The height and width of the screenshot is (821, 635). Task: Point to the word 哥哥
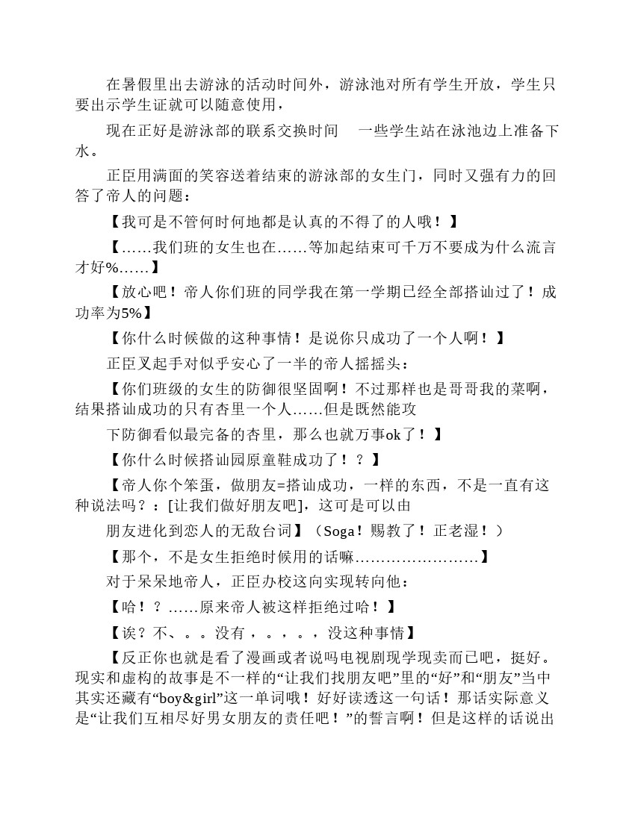point(477,389)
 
